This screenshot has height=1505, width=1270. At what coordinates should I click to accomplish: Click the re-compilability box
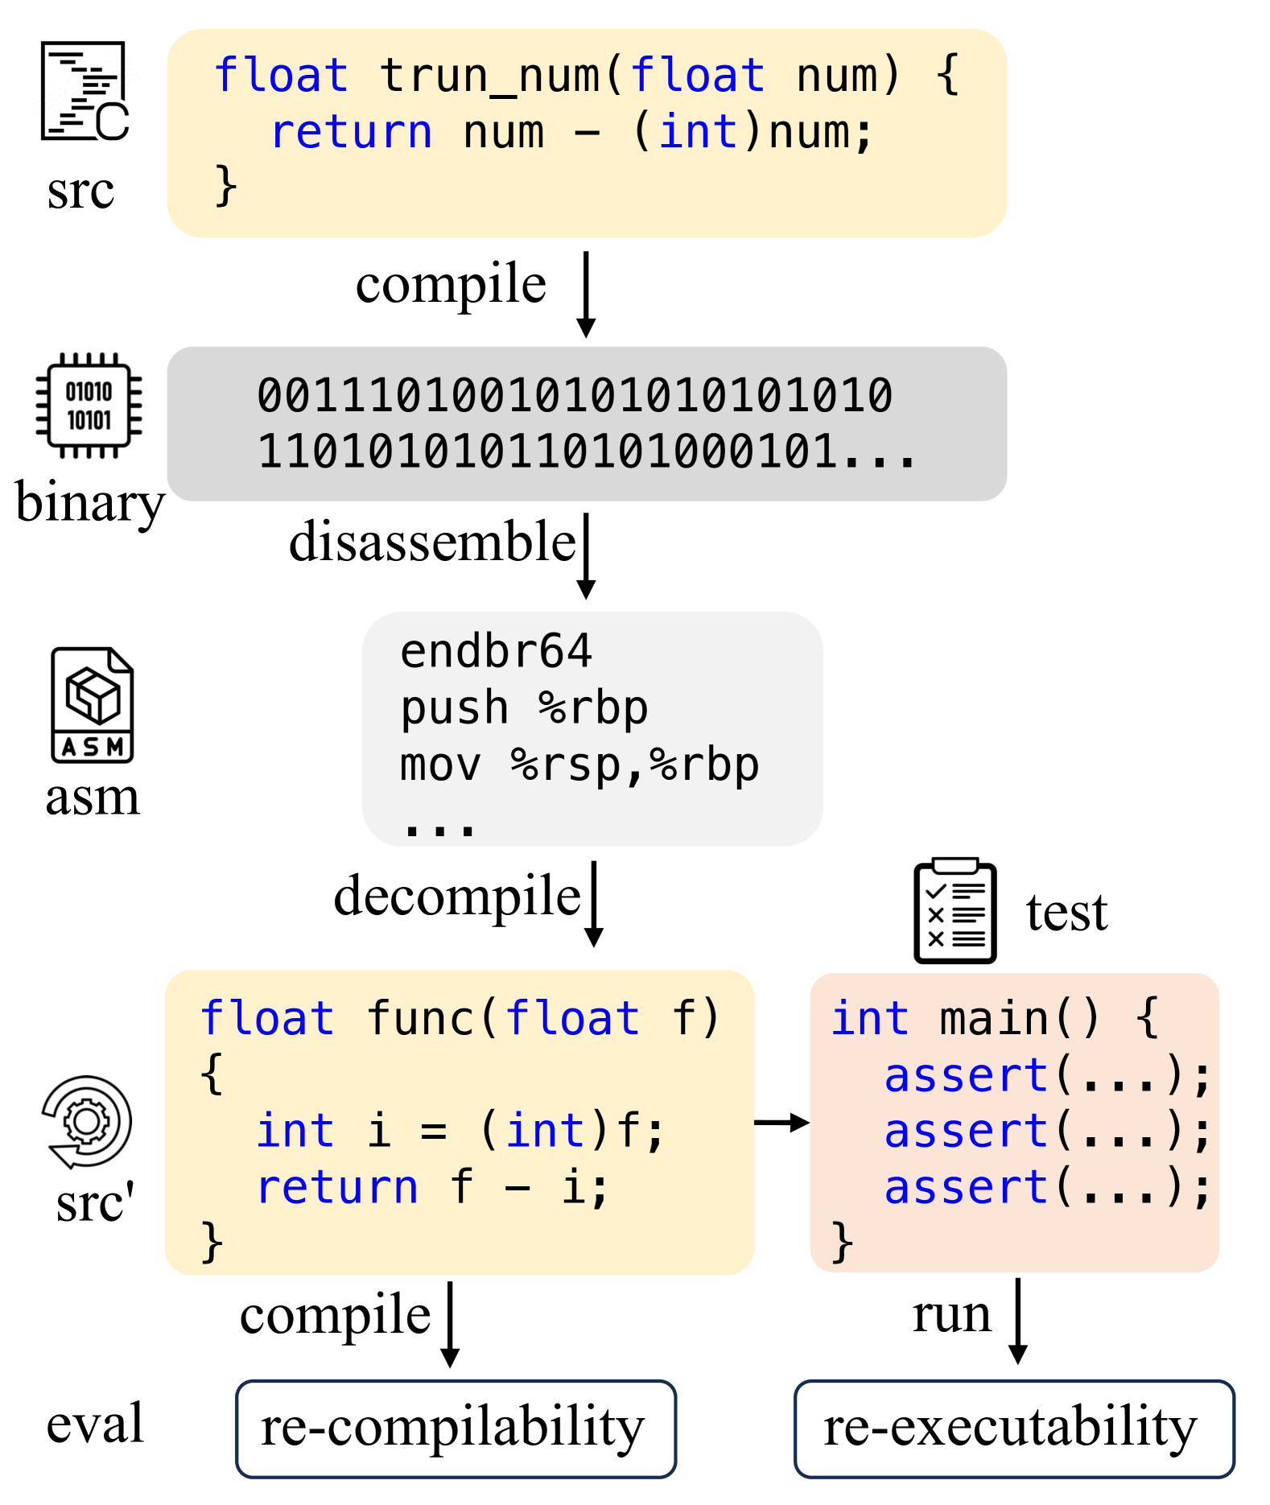(456, 1429)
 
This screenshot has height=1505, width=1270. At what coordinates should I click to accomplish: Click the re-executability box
(1013, 1429)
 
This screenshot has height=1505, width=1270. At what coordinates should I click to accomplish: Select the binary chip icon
(89, 405)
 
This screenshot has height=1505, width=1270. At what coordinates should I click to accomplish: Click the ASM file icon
(92, 705)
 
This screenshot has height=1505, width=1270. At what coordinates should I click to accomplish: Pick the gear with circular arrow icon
(86, 1121)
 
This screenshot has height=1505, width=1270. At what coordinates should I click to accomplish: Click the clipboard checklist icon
(955, 910)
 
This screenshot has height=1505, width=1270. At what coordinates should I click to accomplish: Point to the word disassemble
(432, 541)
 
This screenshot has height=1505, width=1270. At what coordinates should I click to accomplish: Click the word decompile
(456, 896)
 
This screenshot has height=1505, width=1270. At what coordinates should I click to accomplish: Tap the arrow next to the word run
(1017, 1320)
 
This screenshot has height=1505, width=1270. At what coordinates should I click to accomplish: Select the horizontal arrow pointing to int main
(781, 1122)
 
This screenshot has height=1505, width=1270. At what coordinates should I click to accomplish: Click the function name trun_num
(489, 76)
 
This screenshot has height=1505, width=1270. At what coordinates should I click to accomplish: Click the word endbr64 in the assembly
(496, 651)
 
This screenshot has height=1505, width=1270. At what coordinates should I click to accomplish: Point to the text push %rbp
(523, 708)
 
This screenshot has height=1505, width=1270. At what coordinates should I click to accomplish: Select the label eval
(95, 1423)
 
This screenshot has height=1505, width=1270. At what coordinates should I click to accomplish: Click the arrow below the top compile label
(586, 294)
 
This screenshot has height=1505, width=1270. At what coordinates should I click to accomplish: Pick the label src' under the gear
(94, 1203)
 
